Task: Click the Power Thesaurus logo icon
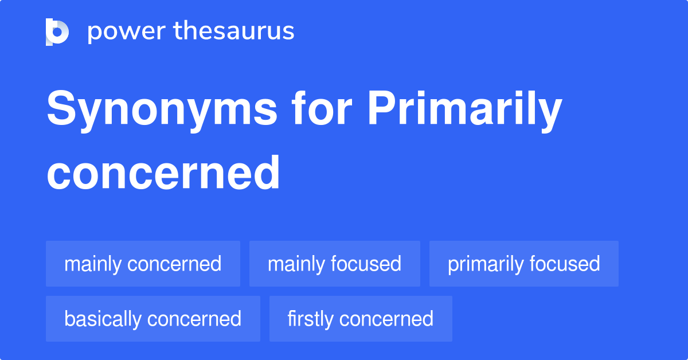pos(57,32)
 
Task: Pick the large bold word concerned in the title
pos(163,173)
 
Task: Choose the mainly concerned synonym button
pos(143,264)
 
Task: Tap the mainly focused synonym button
pos(334,264)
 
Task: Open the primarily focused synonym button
pos(523,264)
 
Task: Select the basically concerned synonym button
pos(153,319)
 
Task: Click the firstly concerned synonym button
pos(360,319)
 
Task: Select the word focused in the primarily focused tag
pos(565,264)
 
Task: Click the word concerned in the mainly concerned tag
pos(174,264)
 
